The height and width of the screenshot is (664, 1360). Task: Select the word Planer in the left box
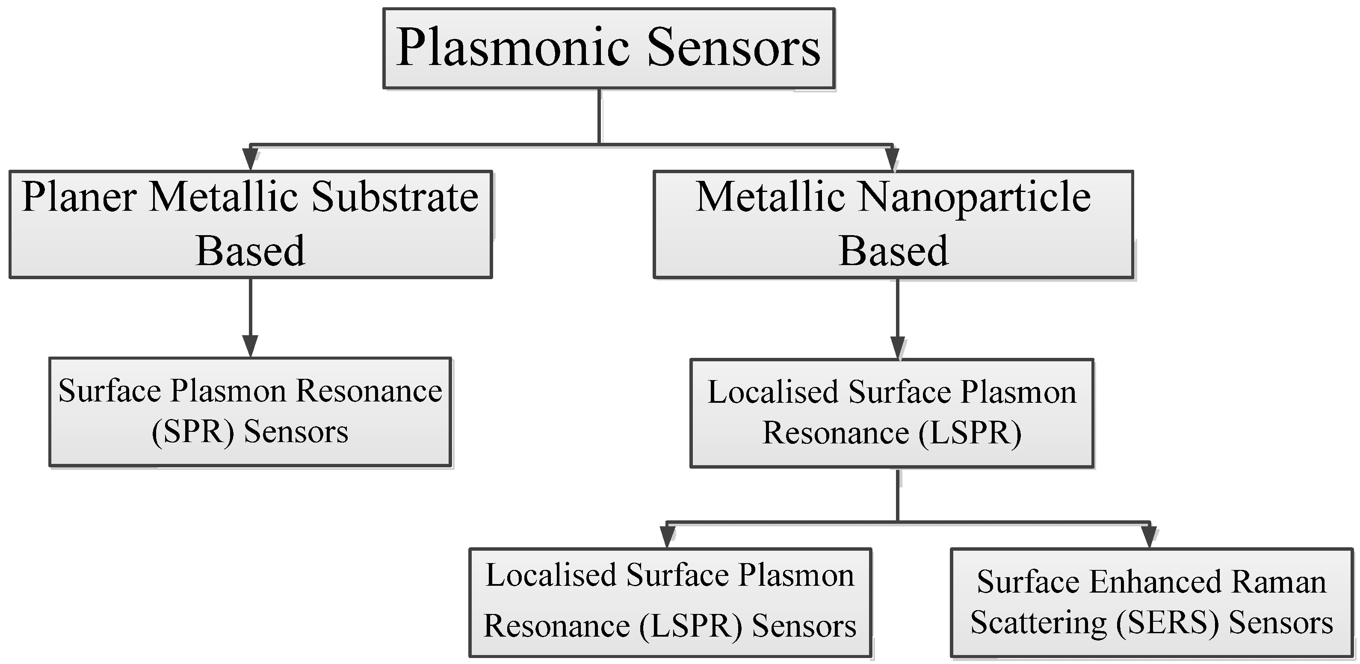tap(79, 197)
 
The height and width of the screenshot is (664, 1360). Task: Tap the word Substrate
tap(395, 197)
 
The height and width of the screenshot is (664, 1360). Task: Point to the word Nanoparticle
tap(975, 197)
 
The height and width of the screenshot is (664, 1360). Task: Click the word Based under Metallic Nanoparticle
tap(893, 251)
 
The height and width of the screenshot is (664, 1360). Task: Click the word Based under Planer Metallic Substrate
tap(250, 251)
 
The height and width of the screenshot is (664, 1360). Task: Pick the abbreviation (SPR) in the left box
tap(193, 432)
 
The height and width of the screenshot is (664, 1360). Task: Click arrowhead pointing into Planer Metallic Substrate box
tap(250, 158)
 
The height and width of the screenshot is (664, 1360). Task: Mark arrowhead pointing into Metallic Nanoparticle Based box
tap(892, 158)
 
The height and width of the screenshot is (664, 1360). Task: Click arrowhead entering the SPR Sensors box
tap(250, 346)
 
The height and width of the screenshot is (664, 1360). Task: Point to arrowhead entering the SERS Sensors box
tap(1149, 536)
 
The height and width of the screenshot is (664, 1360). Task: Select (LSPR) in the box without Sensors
tap(970, 434)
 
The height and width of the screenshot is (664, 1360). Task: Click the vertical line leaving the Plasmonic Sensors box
tap(599, 116)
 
